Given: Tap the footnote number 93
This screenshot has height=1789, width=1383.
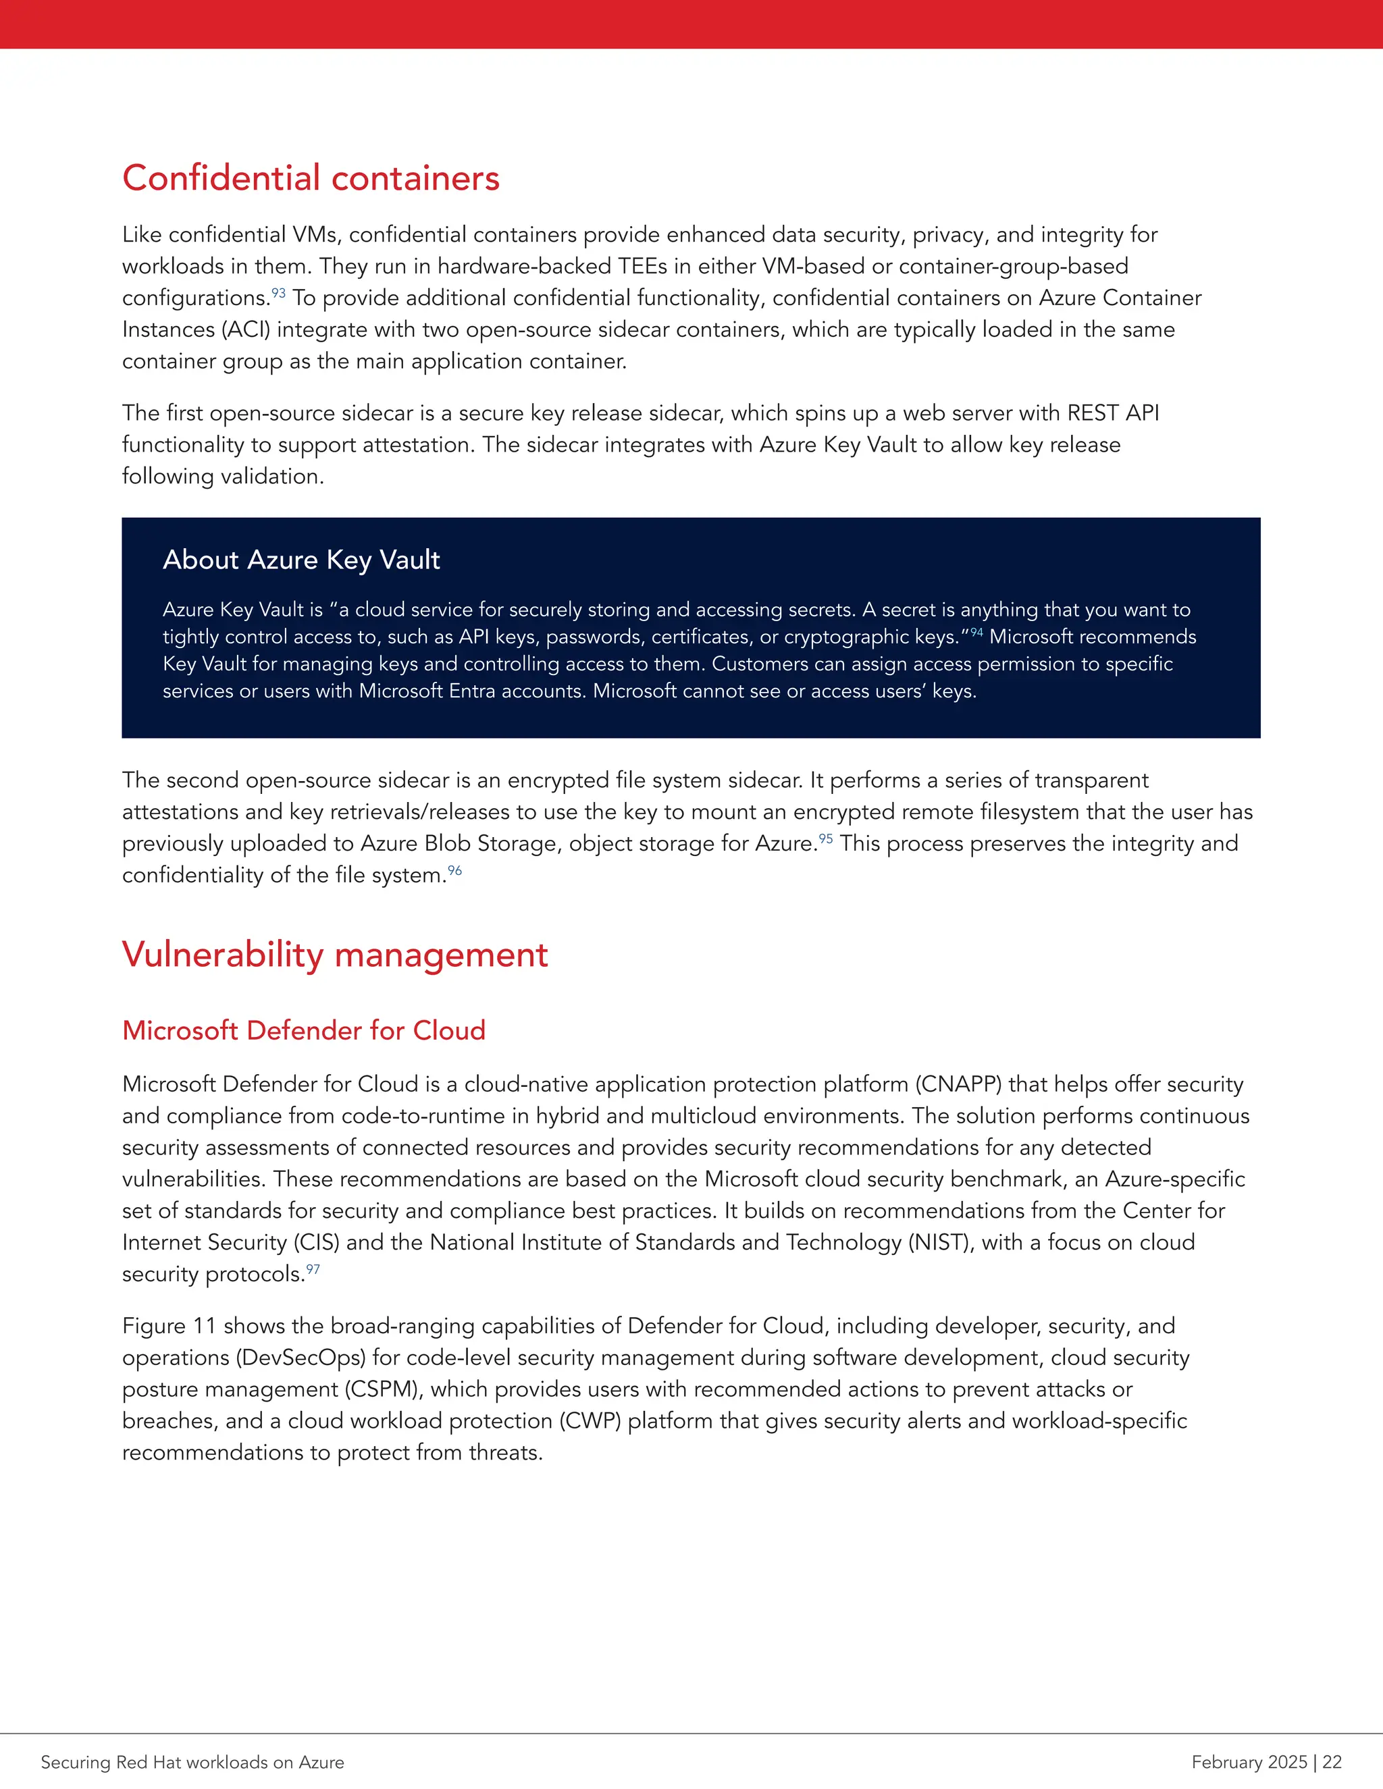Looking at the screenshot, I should [x=279, y=292].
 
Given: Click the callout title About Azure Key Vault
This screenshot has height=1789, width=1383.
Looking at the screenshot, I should [x=301, y=560].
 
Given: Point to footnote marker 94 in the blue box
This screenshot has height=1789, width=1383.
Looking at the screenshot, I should [x=976, y=632].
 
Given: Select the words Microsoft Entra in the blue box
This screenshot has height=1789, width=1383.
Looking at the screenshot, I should [x=427, y=691].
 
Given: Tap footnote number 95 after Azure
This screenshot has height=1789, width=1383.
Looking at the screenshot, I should [x=826, y=838].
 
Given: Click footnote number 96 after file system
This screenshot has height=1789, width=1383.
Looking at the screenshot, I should [x=454, y=870].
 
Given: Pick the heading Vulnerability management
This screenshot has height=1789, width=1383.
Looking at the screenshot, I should [x=334, y=955].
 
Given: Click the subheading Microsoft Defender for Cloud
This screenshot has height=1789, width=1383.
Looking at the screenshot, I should [x=303, y=1030].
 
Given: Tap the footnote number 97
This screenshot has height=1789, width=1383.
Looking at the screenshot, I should [x=313, y=1270].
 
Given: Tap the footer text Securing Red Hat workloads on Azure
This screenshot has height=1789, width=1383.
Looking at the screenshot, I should [x=192, y=1762].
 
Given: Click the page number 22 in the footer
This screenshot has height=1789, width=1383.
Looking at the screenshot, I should [x=1332, y=1762].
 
